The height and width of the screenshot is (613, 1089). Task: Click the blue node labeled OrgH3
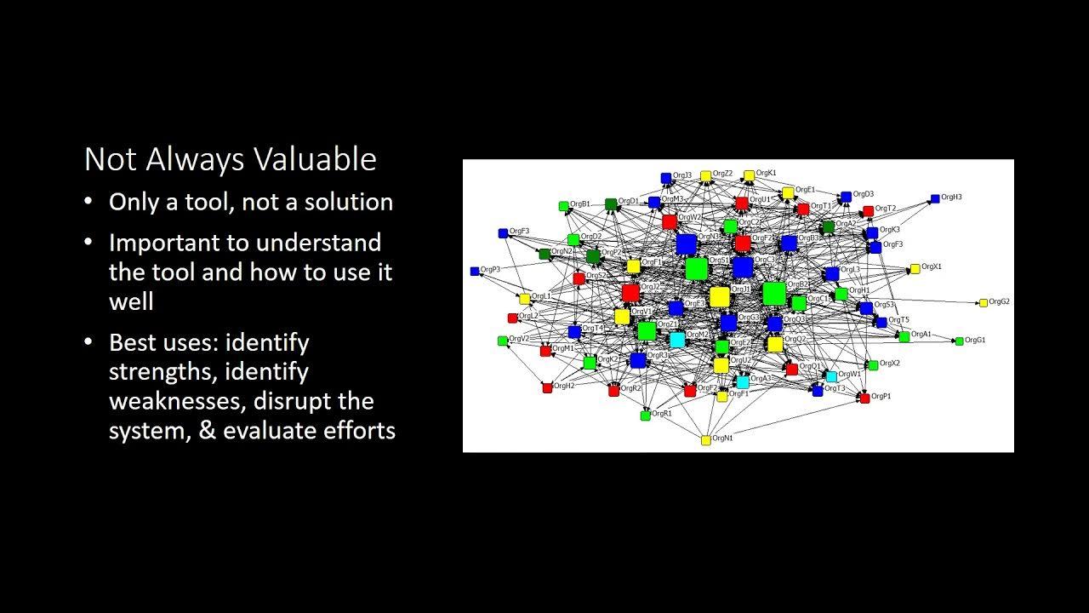935,198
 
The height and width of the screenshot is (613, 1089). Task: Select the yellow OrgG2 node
984,302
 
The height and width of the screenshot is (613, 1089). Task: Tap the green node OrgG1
960,341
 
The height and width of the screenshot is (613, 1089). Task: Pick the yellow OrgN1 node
705,440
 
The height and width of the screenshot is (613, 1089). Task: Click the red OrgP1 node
864,398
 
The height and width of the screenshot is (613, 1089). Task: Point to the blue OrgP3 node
475,271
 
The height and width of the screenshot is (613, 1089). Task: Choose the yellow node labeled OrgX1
915,268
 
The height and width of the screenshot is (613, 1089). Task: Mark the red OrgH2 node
547,387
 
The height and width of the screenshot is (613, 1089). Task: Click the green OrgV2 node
502,341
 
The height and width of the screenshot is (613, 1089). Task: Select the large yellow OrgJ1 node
720,296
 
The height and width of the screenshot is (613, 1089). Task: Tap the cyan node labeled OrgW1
831,376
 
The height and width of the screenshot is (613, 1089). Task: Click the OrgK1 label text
767,173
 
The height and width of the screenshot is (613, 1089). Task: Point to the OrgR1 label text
662,413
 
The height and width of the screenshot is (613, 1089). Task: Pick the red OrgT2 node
868,210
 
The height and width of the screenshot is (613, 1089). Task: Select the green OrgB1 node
563,206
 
